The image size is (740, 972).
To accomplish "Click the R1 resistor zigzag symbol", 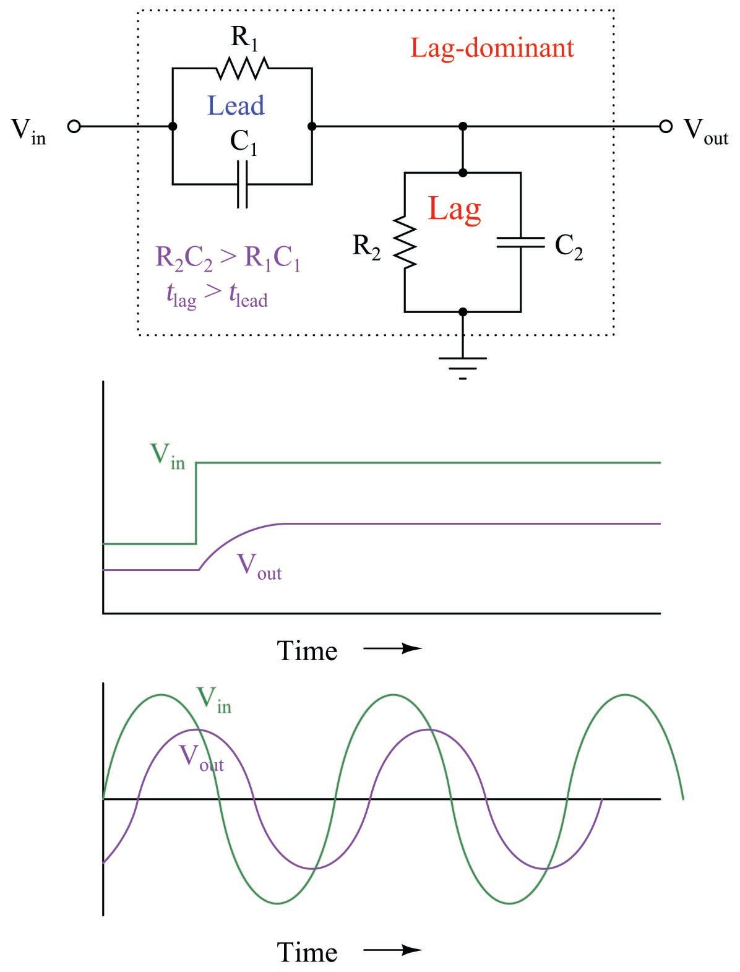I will (243, 68).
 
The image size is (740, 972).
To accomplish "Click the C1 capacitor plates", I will (243, 184).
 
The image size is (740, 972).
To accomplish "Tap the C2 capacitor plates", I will (520, 242).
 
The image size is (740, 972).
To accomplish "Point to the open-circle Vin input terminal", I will (74, 127).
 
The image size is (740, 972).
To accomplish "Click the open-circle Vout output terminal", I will (665, 127).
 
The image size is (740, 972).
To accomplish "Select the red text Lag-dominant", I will (493, 48).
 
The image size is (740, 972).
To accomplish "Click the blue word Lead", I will (236, 105).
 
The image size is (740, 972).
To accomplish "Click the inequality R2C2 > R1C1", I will (228, 258).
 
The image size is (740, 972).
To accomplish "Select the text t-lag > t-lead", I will (217, 296).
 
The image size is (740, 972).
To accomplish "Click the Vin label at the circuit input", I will (28, 131).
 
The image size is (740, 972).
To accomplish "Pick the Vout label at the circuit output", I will (705, 131).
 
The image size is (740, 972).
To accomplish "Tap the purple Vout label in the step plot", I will (259, 566).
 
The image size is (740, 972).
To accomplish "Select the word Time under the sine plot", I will (307, 951).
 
